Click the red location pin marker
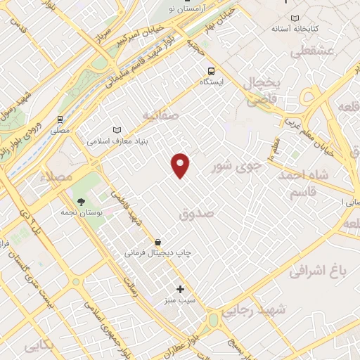pos(181,165)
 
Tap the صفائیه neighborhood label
pos(160,114)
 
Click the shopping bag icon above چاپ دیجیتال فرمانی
pos(157,242)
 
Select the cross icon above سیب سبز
pos(181,289)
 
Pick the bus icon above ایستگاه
pos(210,70)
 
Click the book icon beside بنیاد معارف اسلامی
pos(116,130)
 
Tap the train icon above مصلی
pos(60,119)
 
